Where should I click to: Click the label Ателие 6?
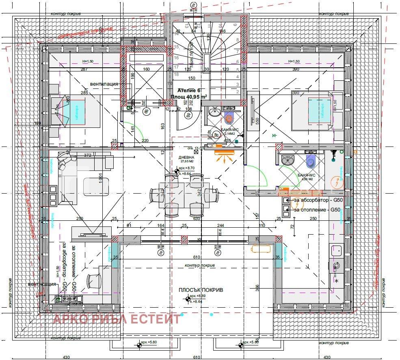187,91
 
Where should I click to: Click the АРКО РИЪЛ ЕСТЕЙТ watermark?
117,319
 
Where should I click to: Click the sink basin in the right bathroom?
288,161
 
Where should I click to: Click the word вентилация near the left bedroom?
104,84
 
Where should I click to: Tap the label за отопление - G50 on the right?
317,210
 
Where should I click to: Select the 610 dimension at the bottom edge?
196,358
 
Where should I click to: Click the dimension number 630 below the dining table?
197,219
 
